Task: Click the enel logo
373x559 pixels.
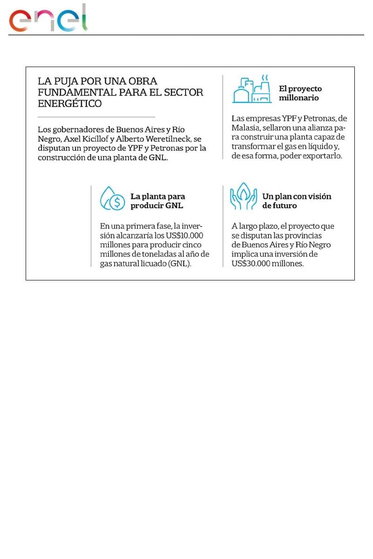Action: tap(48, 19)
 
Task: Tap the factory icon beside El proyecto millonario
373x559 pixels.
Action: tap(252, 89)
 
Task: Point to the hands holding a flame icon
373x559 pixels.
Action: tap(243, 198)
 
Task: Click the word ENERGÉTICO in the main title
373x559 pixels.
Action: tap(70, 103)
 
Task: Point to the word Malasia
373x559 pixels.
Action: tap(248, 128)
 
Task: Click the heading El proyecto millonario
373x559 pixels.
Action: tap(300, 93)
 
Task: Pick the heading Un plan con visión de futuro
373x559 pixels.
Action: tap(297, 201)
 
